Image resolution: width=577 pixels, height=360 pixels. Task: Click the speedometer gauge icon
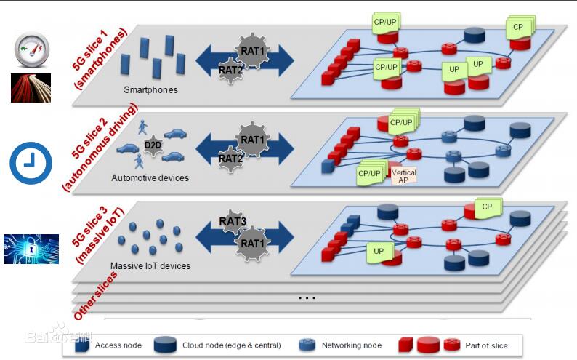coord(32,50)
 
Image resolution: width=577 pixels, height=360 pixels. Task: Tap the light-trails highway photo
coord(31,87)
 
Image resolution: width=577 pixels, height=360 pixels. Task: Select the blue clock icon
coord(31,163)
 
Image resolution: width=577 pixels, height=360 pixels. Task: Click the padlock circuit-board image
coord(31,249)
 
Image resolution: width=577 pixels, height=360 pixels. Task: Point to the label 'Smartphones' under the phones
coord(150,89)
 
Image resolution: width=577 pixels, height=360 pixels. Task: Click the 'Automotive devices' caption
coord(150,177)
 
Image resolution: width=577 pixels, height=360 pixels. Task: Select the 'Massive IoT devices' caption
coord(150,265)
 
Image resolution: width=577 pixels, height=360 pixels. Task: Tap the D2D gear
coord(153,145)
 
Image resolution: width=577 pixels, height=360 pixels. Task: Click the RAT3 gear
coord(233,222)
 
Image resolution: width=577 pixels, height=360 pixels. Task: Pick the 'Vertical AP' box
coord(403,176)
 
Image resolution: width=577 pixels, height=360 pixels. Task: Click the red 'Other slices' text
coord(95,296)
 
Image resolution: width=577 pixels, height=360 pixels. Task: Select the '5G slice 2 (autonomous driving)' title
coord(100,147)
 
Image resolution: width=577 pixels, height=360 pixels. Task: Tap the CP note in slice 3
coord(487,207)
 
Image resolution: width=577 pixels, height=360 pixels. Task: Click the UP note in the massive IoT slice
coord(379,252)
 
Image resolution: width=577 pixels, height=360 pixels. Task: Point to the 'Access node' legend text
coord(118,345)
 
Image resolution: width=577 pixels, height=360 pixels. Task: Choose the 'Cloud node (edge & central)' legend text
coord(232,345)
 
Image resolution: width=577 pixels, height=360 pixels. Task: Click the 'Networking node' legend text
coord(352,345)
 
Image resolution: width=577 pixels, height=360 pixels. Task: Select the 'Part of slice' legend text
coord(486,345)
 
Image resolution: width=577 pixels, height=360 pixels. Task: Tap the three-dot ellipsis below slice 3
coord(307,297)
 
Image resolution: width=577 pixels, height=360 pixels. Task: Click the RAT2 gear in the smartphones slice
coord(230,70)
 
